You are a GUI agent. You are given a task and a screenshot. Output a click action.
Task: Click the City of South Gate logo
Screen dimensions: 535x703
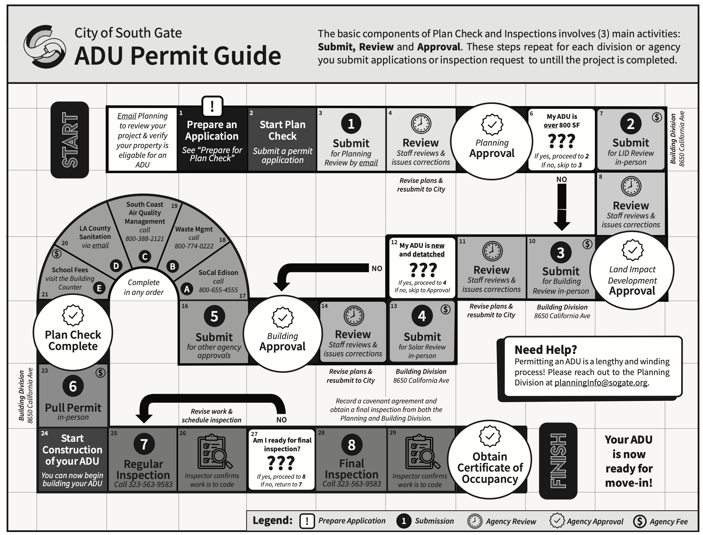(x=45, y=46)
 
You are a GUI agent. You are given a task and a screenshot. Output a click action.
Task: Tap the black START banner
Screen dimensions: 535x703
(x=70, y=140)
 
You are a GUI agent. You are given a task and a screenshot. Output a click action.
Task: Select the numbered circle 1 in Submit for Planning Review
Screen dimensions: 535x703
(x=351, y=124)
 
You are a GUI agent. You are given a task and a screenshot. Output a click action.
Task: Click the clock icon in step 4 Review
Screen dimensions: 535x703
(x=421, y=124)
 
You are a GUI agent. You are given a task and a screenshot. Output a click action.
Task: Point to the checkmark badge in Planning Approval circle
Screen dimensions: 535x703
(x=492, y=125)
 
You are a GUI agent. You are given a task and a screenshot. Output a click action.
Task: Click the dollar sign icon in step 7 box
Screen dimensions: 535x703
(x=657, y=117)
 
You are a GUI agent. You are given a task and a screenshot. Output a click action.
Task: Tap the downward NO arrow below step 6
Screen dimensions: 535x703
(x=562, y=207)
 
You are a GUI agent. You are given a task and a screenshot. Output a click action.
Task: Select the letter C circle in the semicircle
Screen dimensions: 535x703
(x=144, y=257)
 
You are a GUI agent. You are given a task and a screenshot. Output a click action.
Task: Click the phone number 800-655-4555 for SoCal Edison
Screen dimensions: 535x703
(x=218, y=290)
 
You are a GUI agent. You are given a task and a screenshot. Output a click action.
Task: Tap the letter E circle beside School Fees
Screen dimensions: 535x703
(x=99, y=288)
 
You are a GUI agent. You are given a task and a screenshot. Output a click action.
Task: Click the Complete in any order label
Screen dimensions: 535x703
(x=144, y=287)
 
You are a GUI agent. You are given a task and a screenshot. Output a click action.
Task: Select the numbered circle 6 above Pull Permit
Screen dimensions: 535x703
(x=73, y=386)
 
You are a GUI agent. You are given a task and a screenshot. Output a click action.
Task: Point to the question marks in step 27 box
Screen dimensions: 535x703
(x=281, y=463)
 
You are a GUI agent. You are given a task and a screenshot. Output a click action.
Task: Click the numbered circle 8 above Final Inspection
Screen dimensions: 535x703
(x=351, y=445)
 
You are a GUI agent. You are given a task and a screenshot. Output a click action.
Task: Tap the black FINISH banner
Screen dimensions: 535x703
(x=558, y=461)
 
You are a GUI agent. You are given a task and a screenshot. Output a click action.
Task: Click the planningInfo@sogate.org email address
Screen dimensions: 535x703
(x=601, y=382)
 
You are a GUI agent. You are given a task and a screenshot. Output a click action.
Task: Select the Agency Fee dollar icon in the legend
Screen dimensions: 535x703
(x=640, y=521)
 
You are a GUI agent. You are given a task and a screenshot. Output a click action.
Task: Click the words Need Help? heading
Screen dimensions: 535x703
(x=545, y=350)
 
